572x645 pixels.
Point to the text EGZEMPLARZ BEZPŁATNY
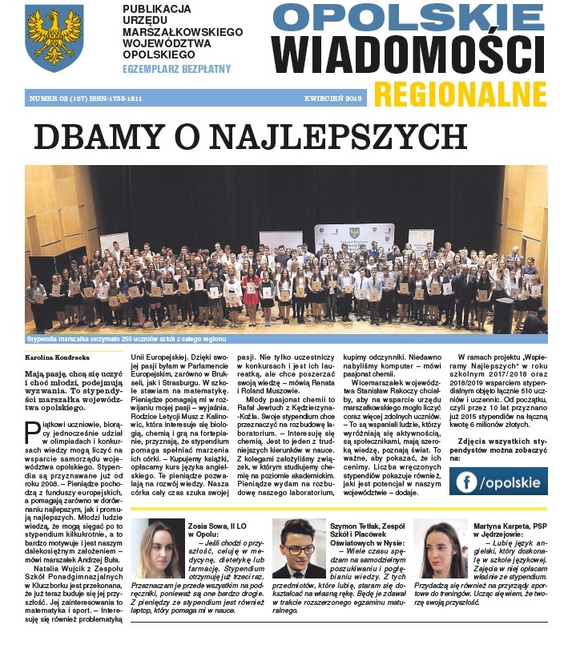point(176,70)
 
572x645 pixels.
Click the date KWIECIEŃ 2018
point(332,99)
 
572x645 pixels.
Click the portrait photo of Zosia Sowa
point(161,549)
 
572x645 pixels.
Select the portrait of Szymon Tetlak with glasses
point(298,549)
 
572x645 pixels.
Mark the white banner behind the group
point(353,236)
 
